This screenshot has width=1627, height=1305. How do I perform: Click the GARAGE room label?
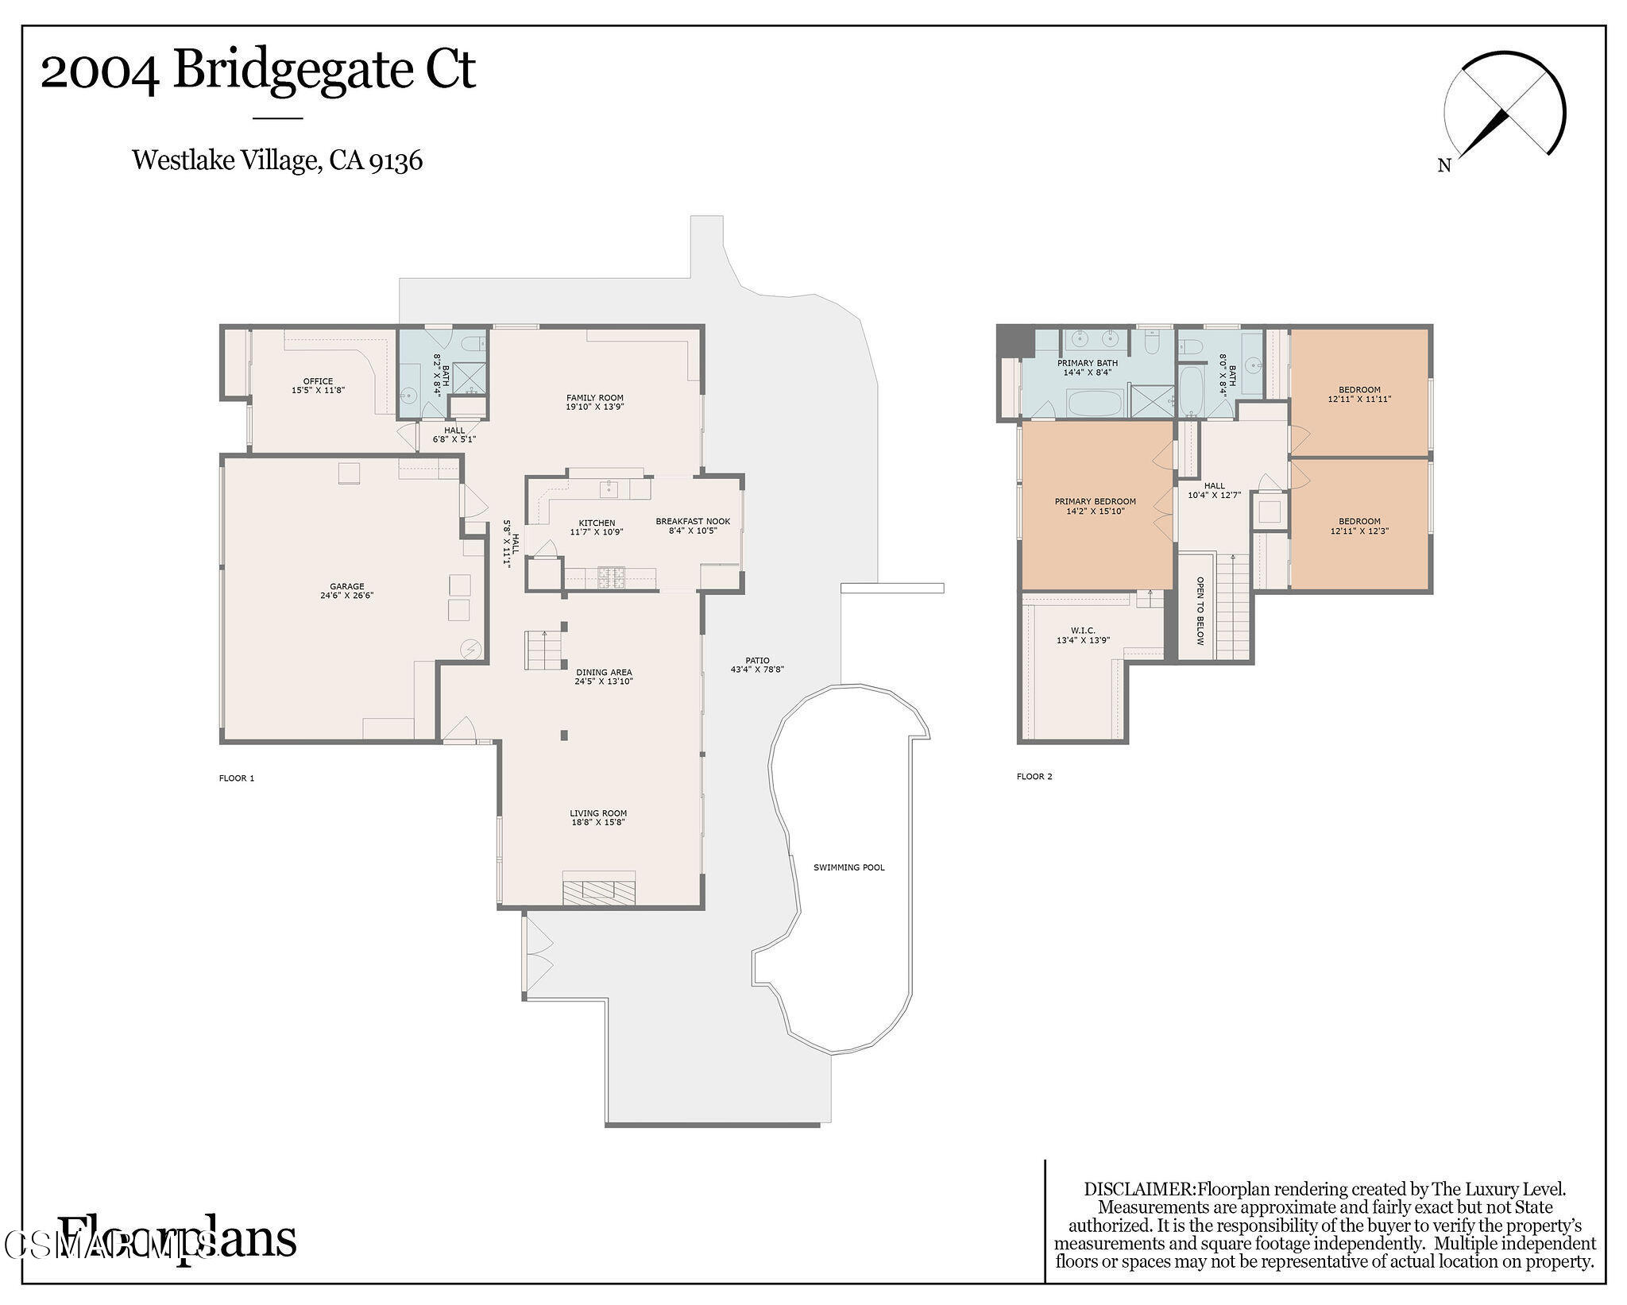click(x=346, y=586)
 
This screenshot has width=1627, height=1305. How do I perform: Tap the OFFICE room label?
click(x=318, y=381)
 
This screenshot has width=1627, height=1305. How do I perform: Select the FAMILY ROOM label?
click(x=594, y=398)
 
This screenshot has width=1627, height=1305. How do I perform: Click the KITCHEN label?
click(x=596, y=523)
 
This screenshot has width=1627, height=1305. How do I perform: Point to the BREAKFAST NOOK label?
click(x=692, y=522)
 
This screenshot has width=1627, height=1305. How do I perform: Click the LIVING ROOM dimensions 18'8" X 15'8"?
click(x=597, y=822)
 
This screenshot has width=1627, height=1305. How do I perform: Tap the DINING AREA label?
click(x=604, y=672)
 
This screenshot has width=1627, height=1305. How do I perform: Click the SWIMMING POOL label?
click(x=848, y=867)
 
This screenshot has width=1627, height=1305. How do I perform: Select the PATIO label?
click(x=756, y=660)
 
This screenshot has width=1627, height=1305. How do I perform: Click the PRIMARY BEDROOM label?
click(x=1095, y=501)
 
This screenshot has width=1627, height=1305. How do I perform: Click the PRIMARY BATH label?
click(x=1087, y=363)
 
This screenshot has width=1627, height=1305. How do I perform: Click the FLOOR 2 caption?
click(x=1034, y=776)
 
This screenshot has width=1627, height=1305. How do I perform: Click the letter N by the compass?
click(x=1443, y=166)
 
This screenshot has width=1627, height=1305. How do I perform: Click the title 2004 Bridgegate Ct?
click(x=257, y=70)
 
